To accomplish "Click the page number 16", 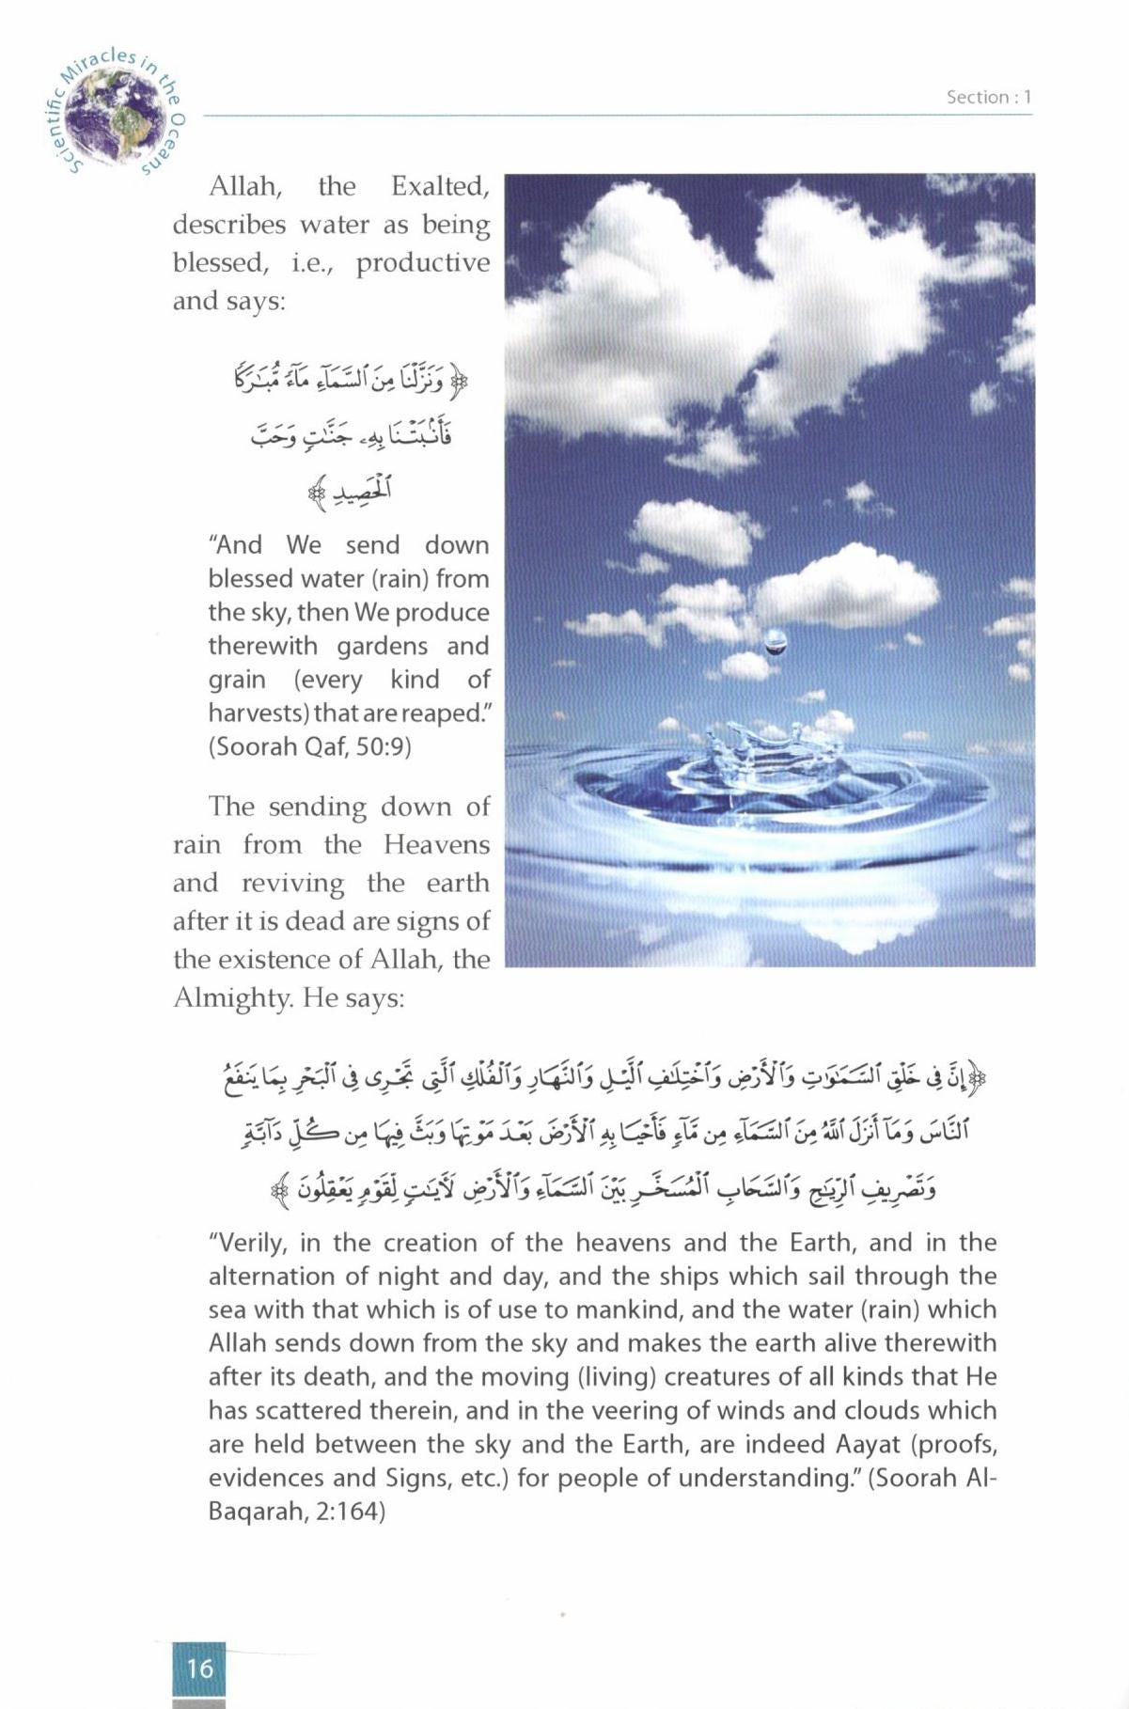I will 199,1668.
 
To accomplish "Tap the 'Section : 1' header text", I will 989,97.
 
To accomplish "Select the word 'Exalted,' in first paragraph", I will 440,187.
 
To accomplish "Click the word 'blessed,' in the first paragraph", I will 220,263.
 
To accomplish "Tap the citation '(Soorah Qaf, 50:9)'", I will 310,746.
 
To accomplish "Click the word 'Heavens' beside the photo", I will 436,844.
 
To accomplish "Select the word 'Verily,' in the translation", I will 250,1243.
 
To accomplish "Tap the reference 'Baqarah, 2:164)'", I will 297,1512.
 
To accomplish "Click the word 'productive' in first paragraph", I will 423,263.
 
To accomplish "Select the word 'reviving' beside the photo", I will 293,883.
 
